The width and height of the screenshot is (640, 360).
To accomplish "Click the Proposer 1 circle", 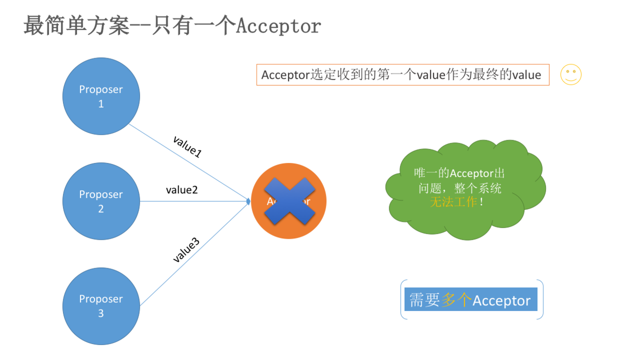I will click(x=101, y=96).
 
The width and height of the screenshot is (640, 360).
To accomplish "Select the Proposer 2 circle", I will click(x=101, y=201).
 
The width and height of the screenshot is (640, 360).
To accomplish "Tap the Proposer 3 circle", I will click(x=101, y=306).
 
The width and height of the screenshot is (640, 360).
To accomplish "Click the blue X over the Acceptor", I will click(x=290, y=201).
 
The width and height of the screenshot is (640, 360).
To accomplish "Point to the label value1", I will click(x=187, y=146).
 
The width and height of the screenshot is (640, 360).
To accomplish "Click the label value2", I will click(x=182, y=190).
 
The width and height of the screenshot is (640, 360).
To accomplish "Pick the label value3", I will click(x=186, y=251).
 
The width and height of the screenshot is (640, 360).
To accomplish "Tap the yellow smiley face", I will click(x=571, y=75).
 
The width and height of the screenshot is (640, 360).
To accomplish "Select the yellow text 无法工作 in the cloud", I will click(x=454, y=202).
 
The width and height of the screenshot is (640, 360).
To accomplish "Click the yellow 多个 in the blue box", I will click(x=456, y=301).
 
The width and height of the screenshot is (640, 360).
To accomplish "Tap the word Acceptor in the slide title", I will click(x=278, y=26).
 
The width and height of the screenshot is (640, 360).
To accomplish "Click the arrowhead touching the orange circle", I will click(x=249, y=201).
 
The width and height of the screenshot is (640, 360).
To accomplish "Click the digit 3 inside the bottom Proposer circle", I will click(x=101, y=313).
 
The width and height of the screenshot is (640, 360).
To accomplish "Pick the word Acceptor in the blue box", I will click(x=501, y=301).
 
